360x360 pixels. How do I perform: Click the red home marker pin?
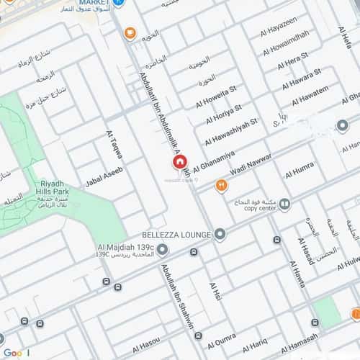tap(179, 163)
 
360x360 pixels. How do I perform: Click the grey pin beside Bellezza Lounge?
tap(220, 235)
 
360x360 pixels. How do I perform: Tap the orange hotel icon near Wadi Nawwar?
tap(221, 186)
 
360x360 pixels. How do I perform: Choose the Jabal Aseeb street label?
tap(104, 175)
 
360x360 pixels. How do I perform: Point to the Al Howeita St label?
tap(216, 96)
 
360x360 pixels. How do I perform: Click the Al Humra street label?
tap(299, 171)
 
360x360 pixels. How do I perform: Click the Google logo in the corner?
tap(16, 352)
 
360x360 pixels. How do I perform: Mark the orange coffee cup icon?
tap(130, 32)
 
